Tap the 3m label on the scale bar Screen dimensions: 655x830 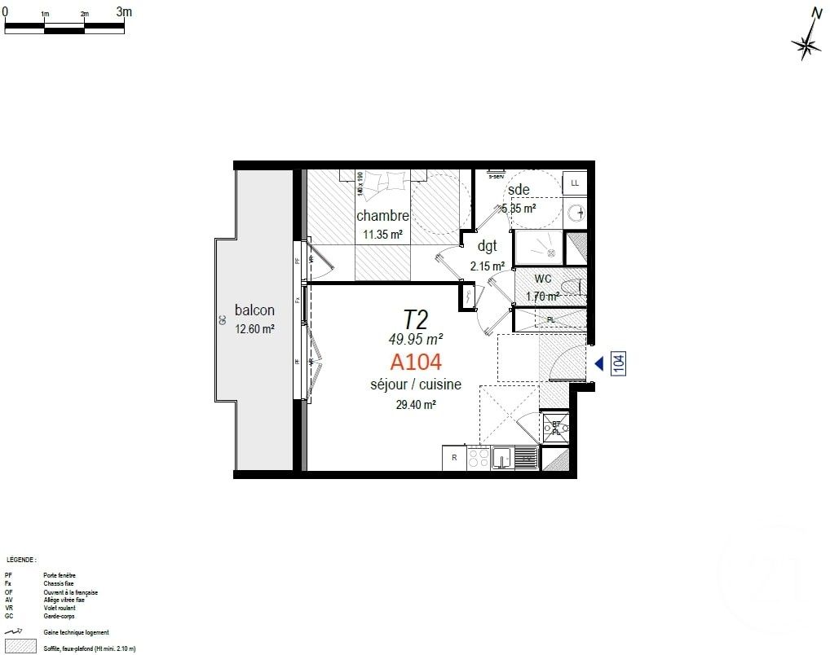[x=124, y=11]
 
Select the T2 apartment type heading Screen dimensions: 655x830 [x=416, y=319]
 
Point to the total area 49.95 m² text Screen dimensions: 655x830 [x=416, y=338]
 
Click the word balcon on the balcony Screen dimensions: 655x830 [x=254, y=310]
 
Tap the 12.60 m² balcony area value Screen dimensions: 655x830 [x=254, y=329]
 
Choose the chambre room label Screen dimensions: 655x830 [x=382, y=216]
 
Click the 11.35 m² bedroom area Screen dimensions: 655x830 [x=382, y=235]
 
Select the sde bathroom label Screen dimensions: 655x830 [x=519, y=190]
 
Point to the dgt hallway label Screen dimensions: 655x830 [x=488, y=247]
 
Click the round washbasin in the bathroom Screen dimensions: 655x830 [x=578, y=213]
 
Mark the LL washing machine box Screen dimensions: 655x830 [x=575, y=183]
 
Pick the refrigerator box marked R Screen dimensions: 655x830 [x=453, y=458]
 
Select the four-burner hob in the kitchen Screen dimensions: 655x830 [x=479, y=459]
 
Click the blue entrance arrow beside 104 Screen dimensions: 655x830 [x=598, y=363]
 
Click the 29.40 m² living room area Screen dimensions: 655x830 [x=416, y=403]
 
